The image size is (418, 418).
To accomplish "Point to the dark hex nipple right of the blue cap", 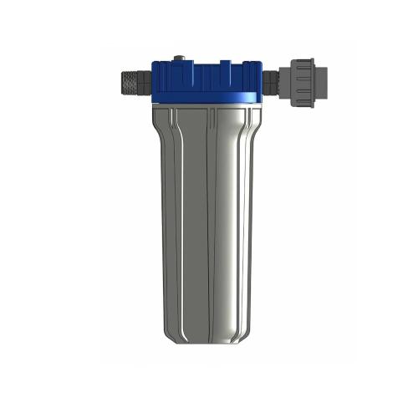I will coord(271,80).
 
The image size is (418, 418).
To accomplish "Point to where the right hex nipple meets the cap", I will coord(263,80).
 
